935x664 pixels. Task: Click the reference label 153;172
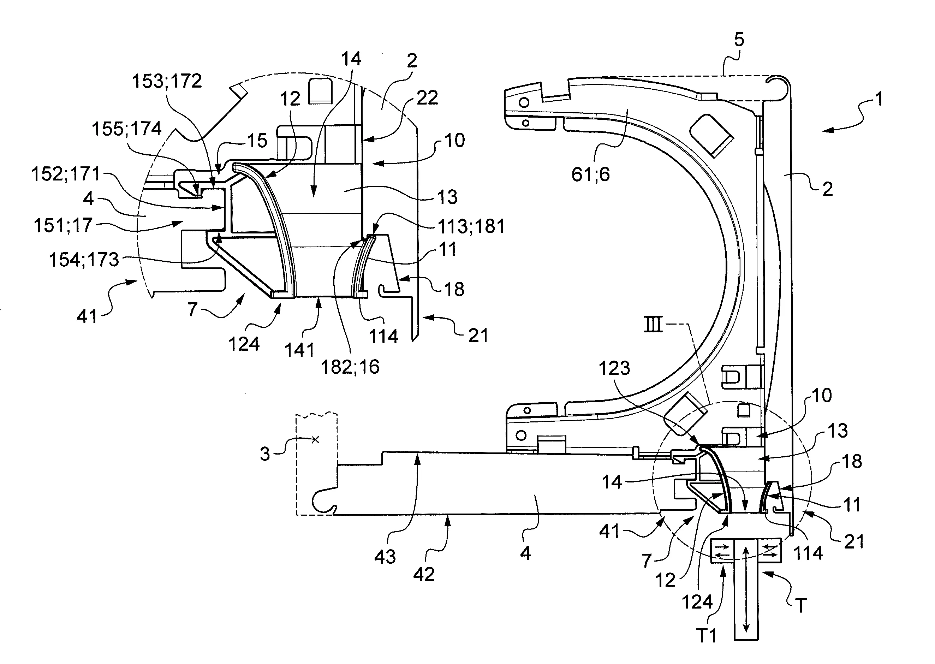point(167,81)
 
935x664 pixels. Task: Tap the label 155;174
point(127,129)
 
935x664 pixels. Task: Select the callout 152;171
point(66,174)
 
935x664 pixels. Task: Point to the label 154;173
point(84,260)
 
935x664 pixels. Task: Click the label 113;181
point(471,226)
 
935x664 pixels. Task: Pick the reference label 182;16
point(350,367)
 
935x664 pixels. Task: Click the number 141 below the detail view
point(299,350)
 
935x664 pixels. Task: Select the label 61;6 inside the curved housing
point(590,174)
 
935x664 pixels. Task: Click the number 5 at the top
point(739,40)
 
